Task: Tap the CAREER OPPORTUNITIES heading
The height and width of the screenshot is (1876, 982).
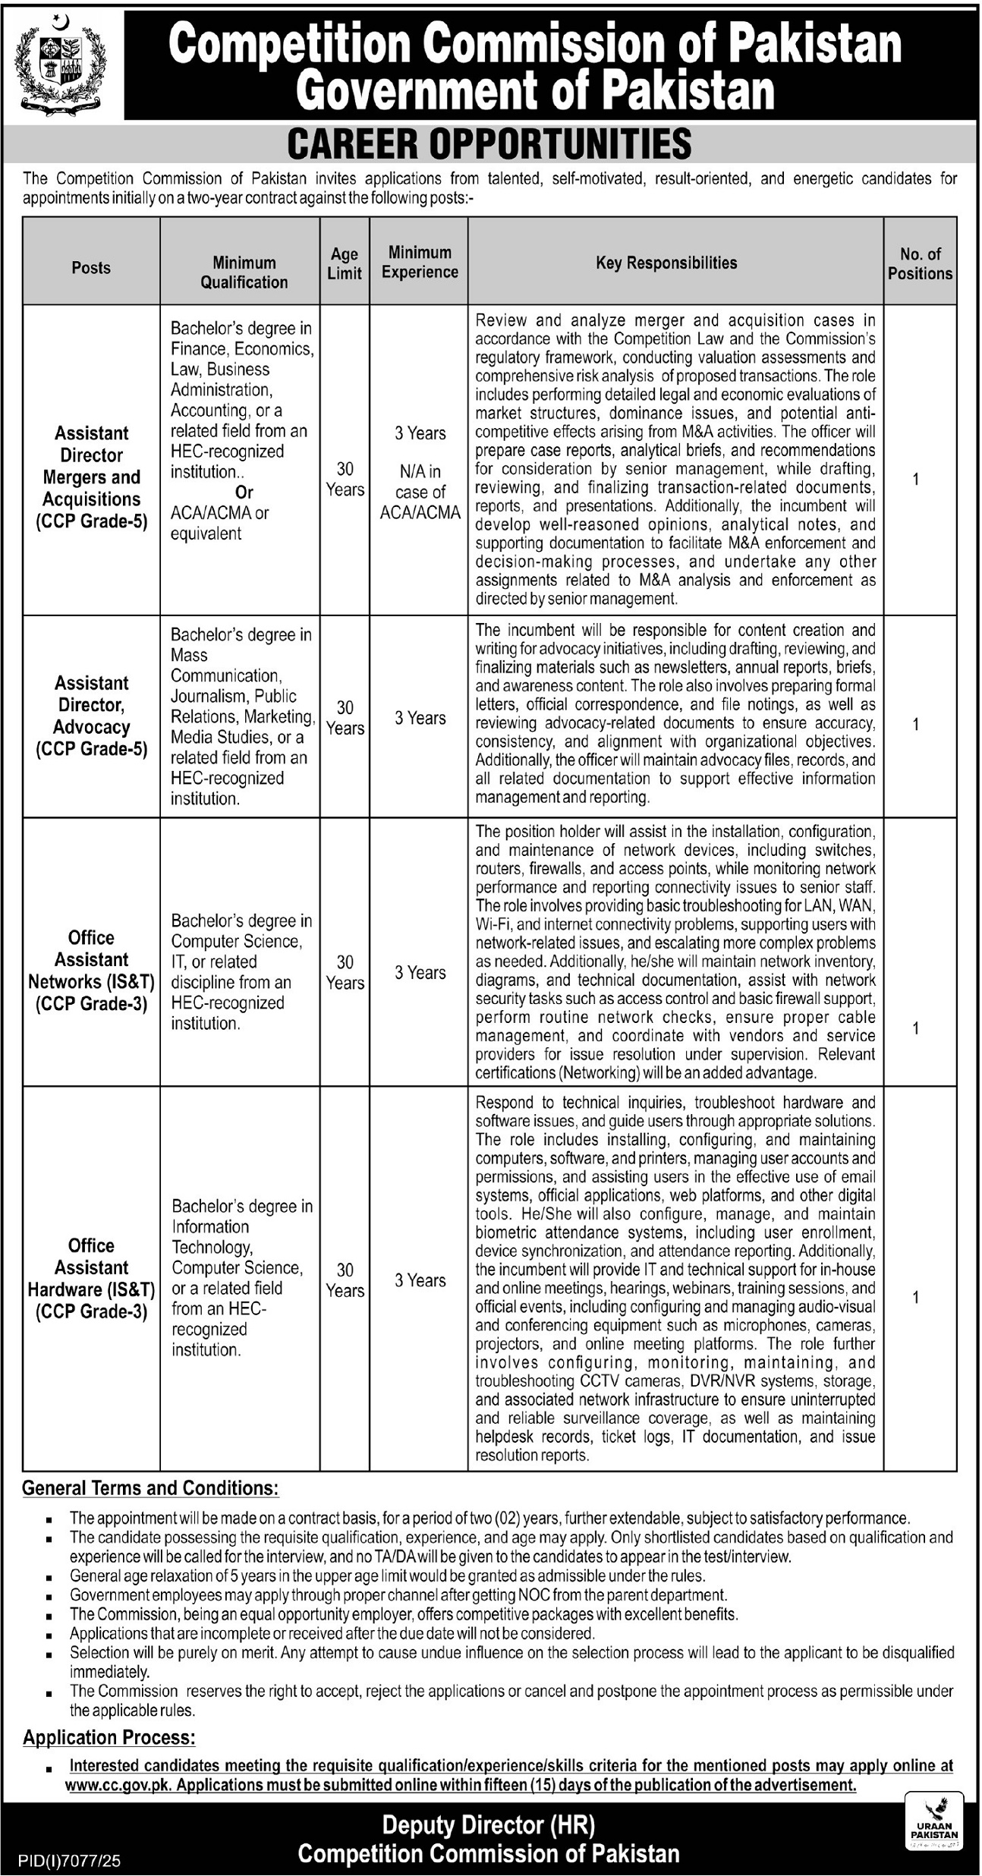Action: click(x=490, y=143)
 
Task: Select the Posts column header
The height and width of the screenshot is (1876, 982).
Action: click(x=91, y=268)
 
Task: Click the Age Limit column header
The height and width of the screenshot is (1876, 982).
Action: click(x=345, y=263)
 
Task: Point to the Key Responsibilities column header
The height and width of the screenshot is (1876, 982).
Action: click(x=666, y=263)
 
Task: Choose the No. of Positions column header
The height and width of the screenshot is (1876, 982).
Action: click(x=920, y=263)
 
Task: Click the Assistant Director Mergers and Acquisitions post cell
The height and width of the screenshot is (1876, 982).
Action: click(x=91, y=477)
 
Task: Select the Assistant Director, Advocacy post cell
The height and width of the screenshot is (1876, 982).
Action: click(x=91, y=716)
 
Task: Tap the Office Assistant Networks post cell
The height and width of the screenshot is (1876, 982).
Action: click(x=91, y=970)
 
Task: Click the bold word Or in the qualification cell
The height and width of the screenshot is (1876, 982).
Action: click(x=244, y=493)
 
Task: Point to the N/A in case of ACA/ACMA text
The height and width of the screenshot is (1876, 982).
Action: click(x=420, y=492)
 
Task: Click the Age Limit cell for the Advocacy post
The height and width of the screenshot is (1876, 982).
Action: click(x=345, y=717)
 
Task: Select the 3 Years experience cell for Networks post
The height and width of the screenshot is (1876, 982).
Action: click(x=420, y=972)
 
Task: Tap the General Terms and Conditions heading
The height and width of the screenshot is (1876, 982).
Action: click(x=150, y=1488)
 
